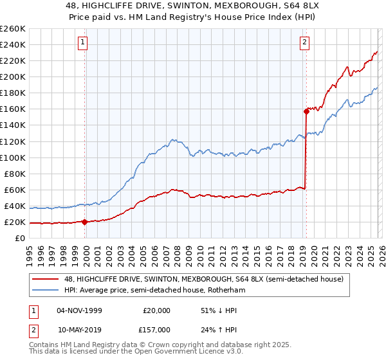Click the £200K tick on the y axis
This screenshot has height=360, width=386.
pyautogui.click(x=13, y=76)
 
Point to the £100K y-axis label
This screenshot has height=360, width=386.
pyautogui.click(x=13, y=157)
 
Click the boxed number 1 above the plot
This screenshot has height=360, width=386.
pyautogui.click(x=84, y=43)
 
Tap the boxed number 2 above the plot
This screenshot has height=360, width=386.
pyautogui.click(x=304, y=43)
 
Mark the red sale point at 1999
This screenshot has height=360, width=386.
pyautogui.click(x=85, y=222)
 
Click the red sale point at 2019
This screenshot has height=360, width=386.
pyautogui.click(x=306, y=111)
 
